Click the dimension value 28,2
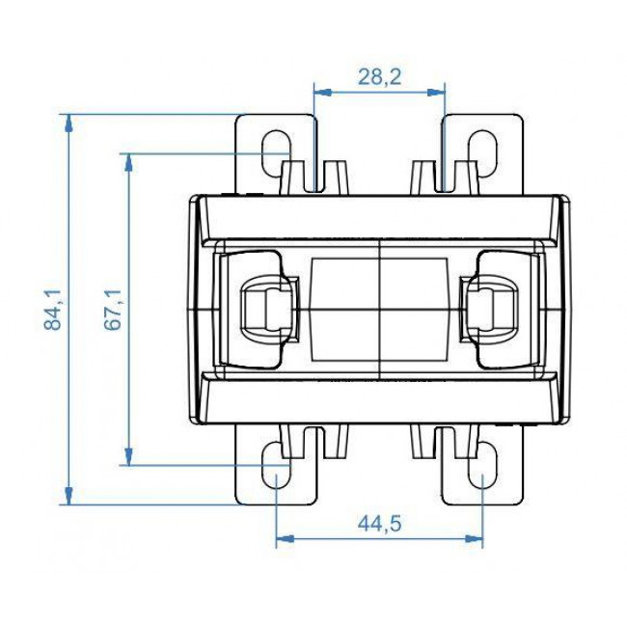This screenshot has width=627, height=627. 380,78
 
